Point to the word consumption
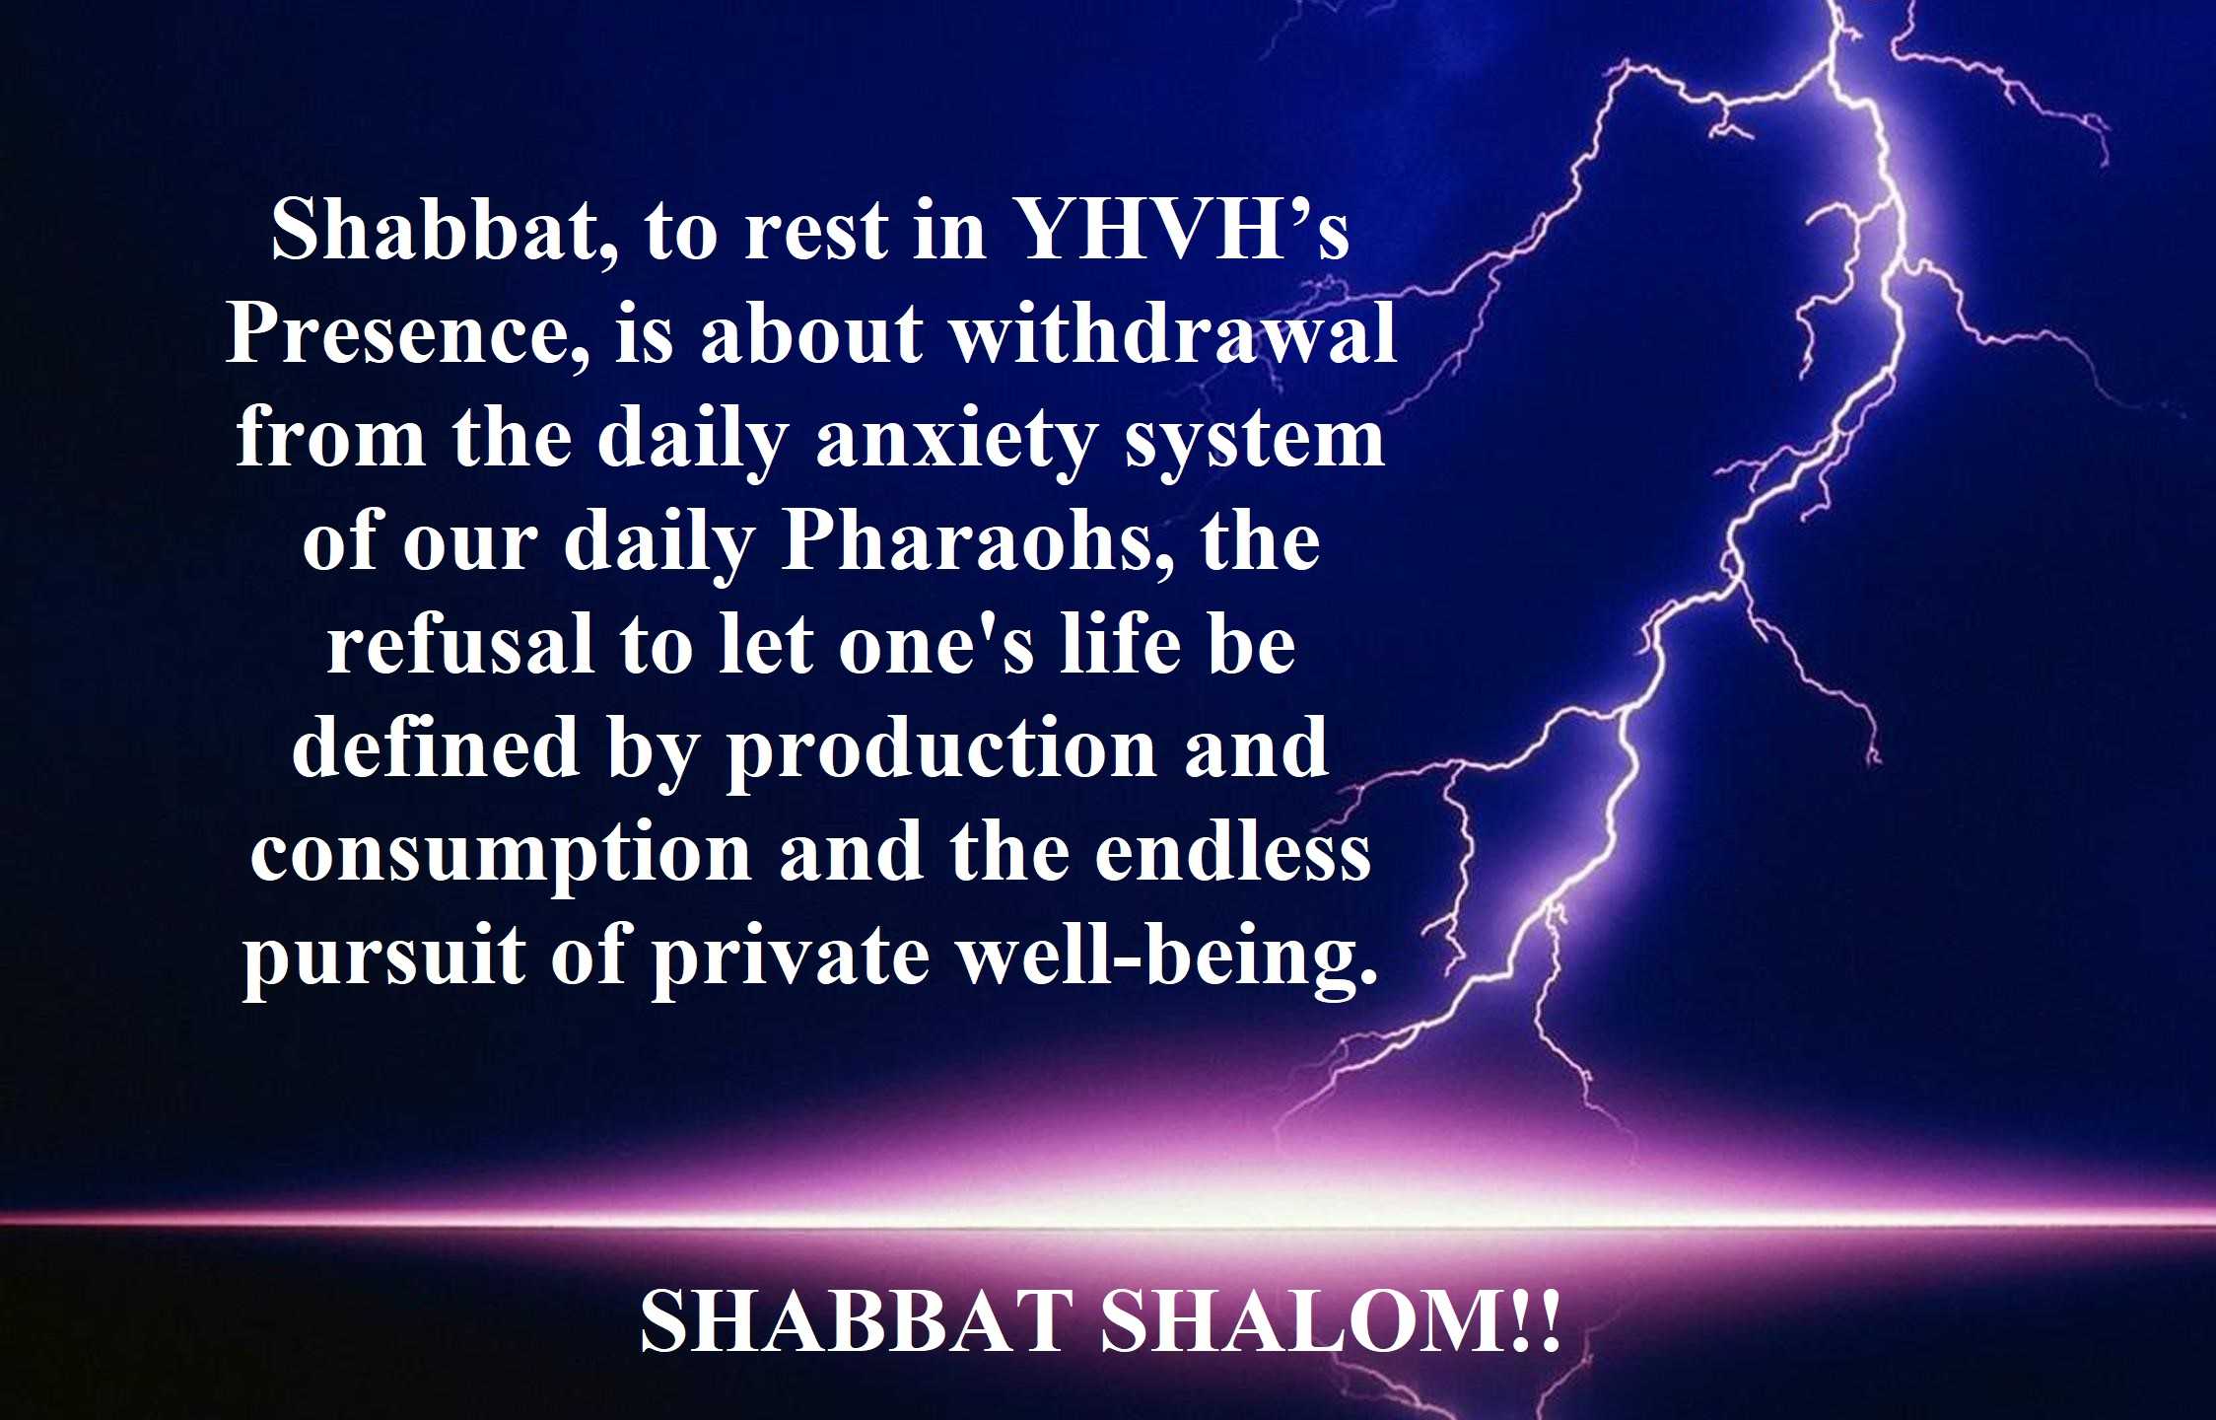click(x=501, y=854)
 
